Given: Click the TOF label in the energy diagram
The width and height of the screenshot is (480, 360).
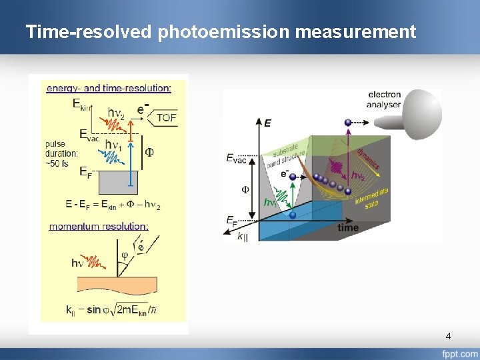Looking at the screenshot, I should pyautogui.click(x=167, y=117).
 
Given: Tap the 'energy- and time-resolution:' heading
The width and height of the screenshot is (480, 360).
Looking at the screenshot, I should pyautogui.click(x=109, y=87).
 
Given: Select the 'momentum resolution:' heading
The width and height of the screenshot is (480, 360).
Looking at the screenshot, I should pyautogui.click(x=99, y=226).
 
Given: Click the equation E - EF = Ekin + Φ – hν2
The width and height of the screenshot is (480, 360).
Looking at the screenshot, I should pyautogui.click(x=113, y=205).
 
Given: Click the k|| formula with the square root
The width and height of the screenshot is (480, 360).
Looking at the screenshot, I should pyautogui.click(x=112, y=309).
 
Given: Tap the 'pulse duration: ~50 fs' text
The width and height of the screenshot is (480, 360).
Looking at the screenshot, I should pyautogui.click(x=62, y=153).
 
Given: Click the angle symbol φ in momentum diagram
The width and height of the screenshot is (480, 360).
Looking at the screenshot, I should pyautogui.click(x=124, y=254).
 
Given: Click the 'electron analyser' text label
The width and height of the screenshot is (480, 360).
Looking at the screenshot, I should pyautogui.click(x=384, y=99).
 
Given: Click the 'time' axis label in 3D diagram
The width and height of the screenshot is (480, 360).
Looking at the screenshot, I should pyautogui.click(x=347, y=227).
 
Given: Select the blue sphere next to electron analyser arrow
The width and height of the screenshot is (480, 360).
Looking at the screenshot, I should pyautogui.click(x=347, y=122).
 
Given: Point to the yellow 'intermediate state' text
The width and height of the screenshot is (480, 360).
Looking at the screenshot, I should pyautogui.click(x=371, y=197).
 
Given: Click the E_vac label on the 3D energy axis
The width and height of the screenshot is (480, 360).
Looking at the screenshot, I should pyautogui.click(x=235, y=158).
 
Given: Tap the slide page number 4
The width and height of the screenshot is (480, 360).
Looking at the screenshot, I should pyautogui.click(x=448, y=336).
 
